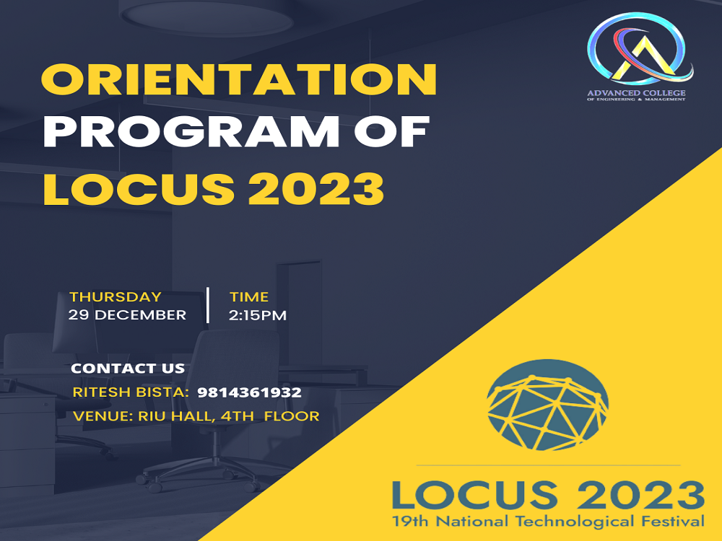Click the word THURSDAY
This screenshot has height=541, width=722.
click(x=116, y=296)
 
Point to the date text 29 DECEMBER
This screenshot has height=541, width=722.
click(x=127, y=315)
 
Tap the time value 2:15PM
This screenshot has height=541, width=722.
click(x=258, y=315)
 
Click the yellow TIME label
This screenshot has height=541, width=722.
click(x=249, y=296)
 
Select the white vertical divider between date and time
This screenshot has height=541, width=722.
click(x=208, y=305)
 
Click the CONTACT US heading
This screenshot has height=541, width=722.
click(x=128, y=368)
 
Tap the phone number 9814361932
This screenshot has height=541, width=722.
click(x=249, y=392)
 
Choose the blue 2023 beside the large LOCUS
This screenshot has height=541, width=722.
click(x=635, y=495)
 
